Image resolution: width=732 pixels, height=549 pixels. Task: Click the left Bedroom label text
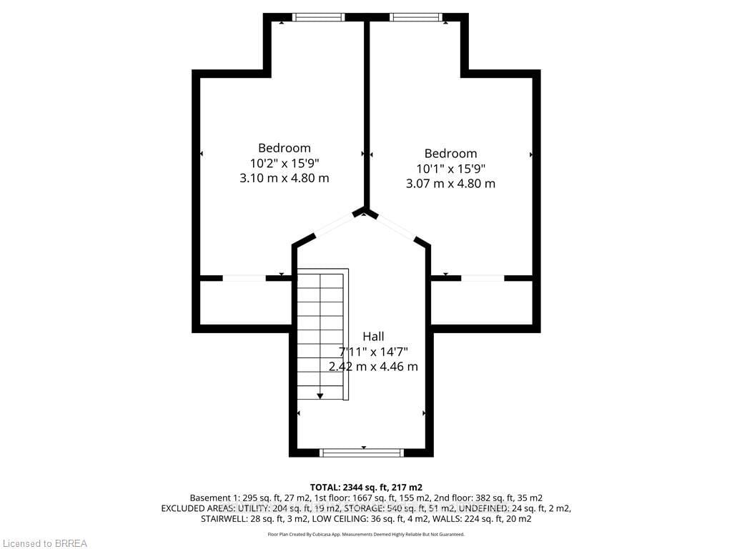point(285,148)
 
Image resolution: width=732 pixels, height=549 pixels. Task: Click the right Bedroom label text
point(450,154)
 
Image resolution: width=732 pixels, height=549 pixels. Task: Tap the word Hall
point(373,336)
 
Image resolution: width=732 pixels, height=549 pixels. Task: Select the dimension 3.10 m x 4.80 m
point(285,178)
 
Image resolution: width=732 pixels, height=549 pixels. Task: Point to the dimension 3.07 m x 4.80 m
point(450,184)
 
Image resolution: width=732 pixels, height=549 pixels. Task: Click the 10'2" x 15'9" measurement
point(285,163)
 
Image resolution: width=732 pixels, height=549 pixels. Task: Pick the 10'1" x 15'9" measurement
point(450,169)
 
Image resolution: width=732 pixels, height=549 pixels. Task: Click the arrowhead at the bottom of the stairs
point(320,396)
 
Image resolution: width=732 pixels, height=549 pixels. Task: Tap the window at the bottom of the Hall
point(361,452)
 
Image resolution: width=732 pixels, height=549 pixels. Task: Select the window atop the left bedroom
point(319,17)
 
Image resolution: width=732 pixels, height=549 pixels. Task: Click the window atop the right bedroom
point(416,17)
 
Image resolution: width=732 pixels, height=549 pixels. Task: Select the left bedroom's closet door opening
point(244,278)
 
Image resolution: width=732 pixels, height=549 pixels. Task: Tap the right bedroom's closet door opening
point(483,278)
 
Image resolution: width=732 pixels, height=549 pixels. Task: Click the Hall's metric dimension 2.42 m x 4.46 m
point(373,367)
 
